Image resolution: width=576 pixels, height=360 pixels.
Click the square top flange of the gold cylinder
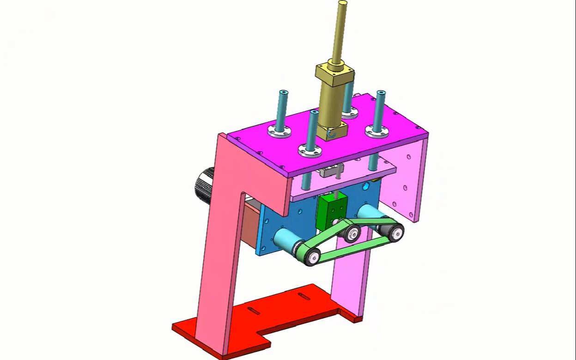coord(335,73)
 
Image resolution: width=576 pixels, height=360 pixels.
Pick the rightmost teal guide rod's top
coord(381,94)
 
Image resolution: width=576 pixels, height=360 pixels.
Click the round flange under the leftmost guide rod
coord(279,131)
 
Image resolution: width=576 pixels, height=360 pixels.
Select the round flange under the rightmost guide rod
coord(376,131)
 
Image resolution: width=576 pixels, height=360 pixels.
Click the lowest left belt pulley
coord(312,257)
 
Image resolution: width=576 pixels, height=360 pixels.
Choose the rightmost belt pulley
coord(395,233)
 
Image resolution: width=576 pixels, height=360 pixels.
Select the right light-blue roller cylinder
coord(369,214)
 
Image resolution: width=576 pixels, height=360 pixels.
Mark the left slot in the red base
coord(254,310)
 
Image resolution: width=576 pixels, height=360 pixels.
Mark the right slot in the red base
coord(304,296)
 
